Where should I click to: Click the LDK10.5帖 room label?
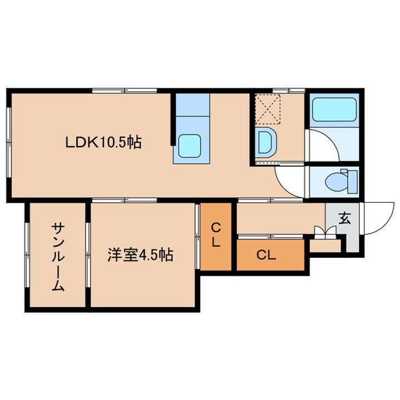tap(103, 143)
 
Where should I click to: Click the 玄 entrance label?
tap(344, 218)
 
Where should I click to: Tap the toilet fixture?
tap(338, 181)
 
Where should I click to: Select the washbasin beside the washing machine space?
tap(266, 142)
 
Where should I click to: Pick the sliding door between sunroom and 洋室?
tap(88, 255)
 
